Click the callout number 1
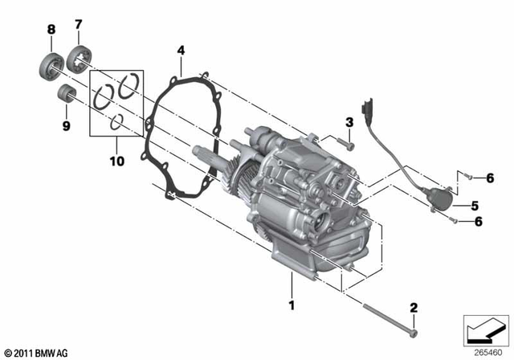pos(292,305)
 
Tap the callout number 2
pos(414,307)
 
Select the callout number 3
pos(349,122)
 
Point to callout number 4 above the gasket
pos(182,51)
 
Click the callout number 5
pos(475,204)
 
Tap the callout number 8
pos(51,29)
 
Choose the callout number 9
pos(66,125)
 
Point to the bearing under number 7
pos(80,59)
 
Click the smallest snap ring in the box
pos(117,121)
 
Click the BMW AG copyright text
pos(36,352)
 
